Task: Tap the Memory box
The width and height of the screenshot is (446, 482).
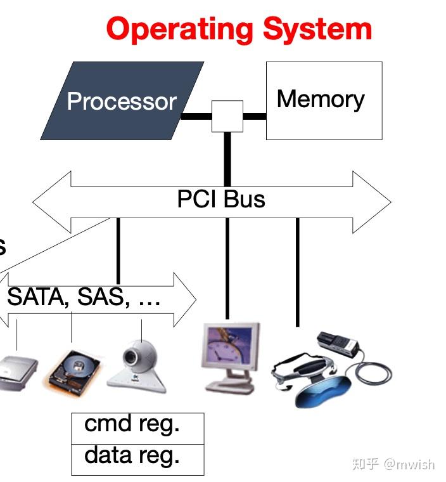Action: point(323,100)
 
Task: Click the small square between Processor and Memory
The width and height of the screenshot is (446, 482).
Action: point(227,116)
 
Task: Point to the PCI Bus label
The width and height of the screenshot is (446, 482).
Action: point(220,199)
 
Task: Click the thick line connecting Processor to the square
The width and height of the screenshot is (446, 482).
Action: point(196,116)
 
